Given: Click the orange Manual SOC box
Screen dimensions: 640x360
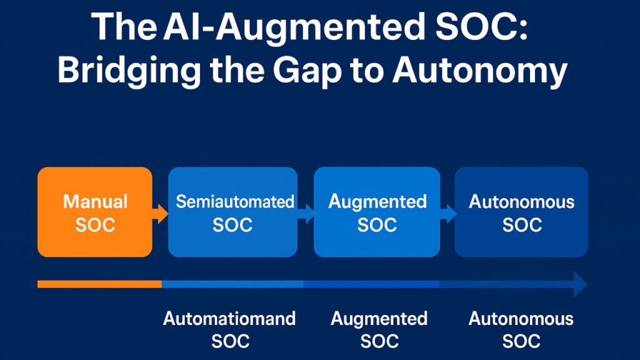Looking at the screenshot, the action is point(95,212).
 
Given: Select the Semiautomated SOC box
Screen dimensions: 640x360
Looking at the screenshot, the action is point(232,212).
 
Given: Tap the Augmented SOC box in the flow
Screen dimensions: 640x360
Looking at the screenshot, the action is point(377,212).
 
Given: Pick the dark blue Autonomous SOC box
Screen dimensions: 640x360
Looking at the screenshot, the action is point(521,212).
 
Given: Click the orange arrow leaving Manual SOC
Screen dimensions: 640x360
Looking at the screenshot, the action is point(161,214).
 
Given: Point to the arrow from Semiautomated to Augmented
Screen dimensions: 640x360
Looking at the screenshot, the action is point(306,214).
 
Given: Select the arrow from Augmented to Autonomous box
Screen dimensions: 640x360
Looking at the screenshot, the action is point(447,214).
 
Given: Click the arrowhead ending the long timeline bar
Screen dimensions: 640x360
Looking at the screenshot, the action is point(580,284).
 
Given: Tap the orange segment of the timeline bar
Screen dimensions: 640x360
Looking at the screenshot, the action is point(99,284).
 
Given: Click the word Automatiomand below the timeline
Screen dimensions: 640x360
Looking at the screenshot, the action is point(229,319).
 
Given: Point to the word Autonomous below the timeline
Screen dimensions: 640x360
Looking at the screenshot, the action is point(521,319).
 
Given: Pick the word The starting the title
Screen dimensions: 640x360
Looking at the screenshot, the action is point(124,26).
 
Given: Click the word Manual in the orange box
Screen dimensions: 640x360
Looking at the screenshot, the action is point(95,201).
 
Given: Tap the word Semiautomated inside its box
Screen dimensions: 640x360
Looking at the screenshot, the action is point(235,201).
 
